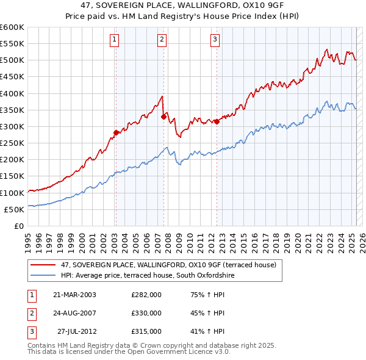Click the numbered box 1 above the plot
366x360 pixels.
(x=115, y=40)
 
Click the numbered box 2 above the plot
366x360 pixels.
(x=162, y=40)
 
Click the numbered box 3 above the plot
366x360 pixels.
(x=215, y=40)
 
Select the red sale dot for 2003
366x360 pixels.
(x=116, y=132)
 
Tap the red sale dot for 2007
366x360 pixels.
(x=163, y=117)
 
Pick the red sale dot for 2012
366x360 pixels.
(x=217, y=121)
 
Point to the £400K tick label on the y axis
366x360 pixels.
(x=12, y=93)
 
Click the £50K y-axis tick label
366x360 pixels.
(x=14, y=209)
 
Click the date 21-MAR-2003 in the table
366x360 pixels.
(x=74, y=295)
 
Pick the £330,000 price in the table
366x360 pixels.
(x=146, y=313)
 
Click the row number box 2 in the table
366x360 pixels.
(x=30, y=313)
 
